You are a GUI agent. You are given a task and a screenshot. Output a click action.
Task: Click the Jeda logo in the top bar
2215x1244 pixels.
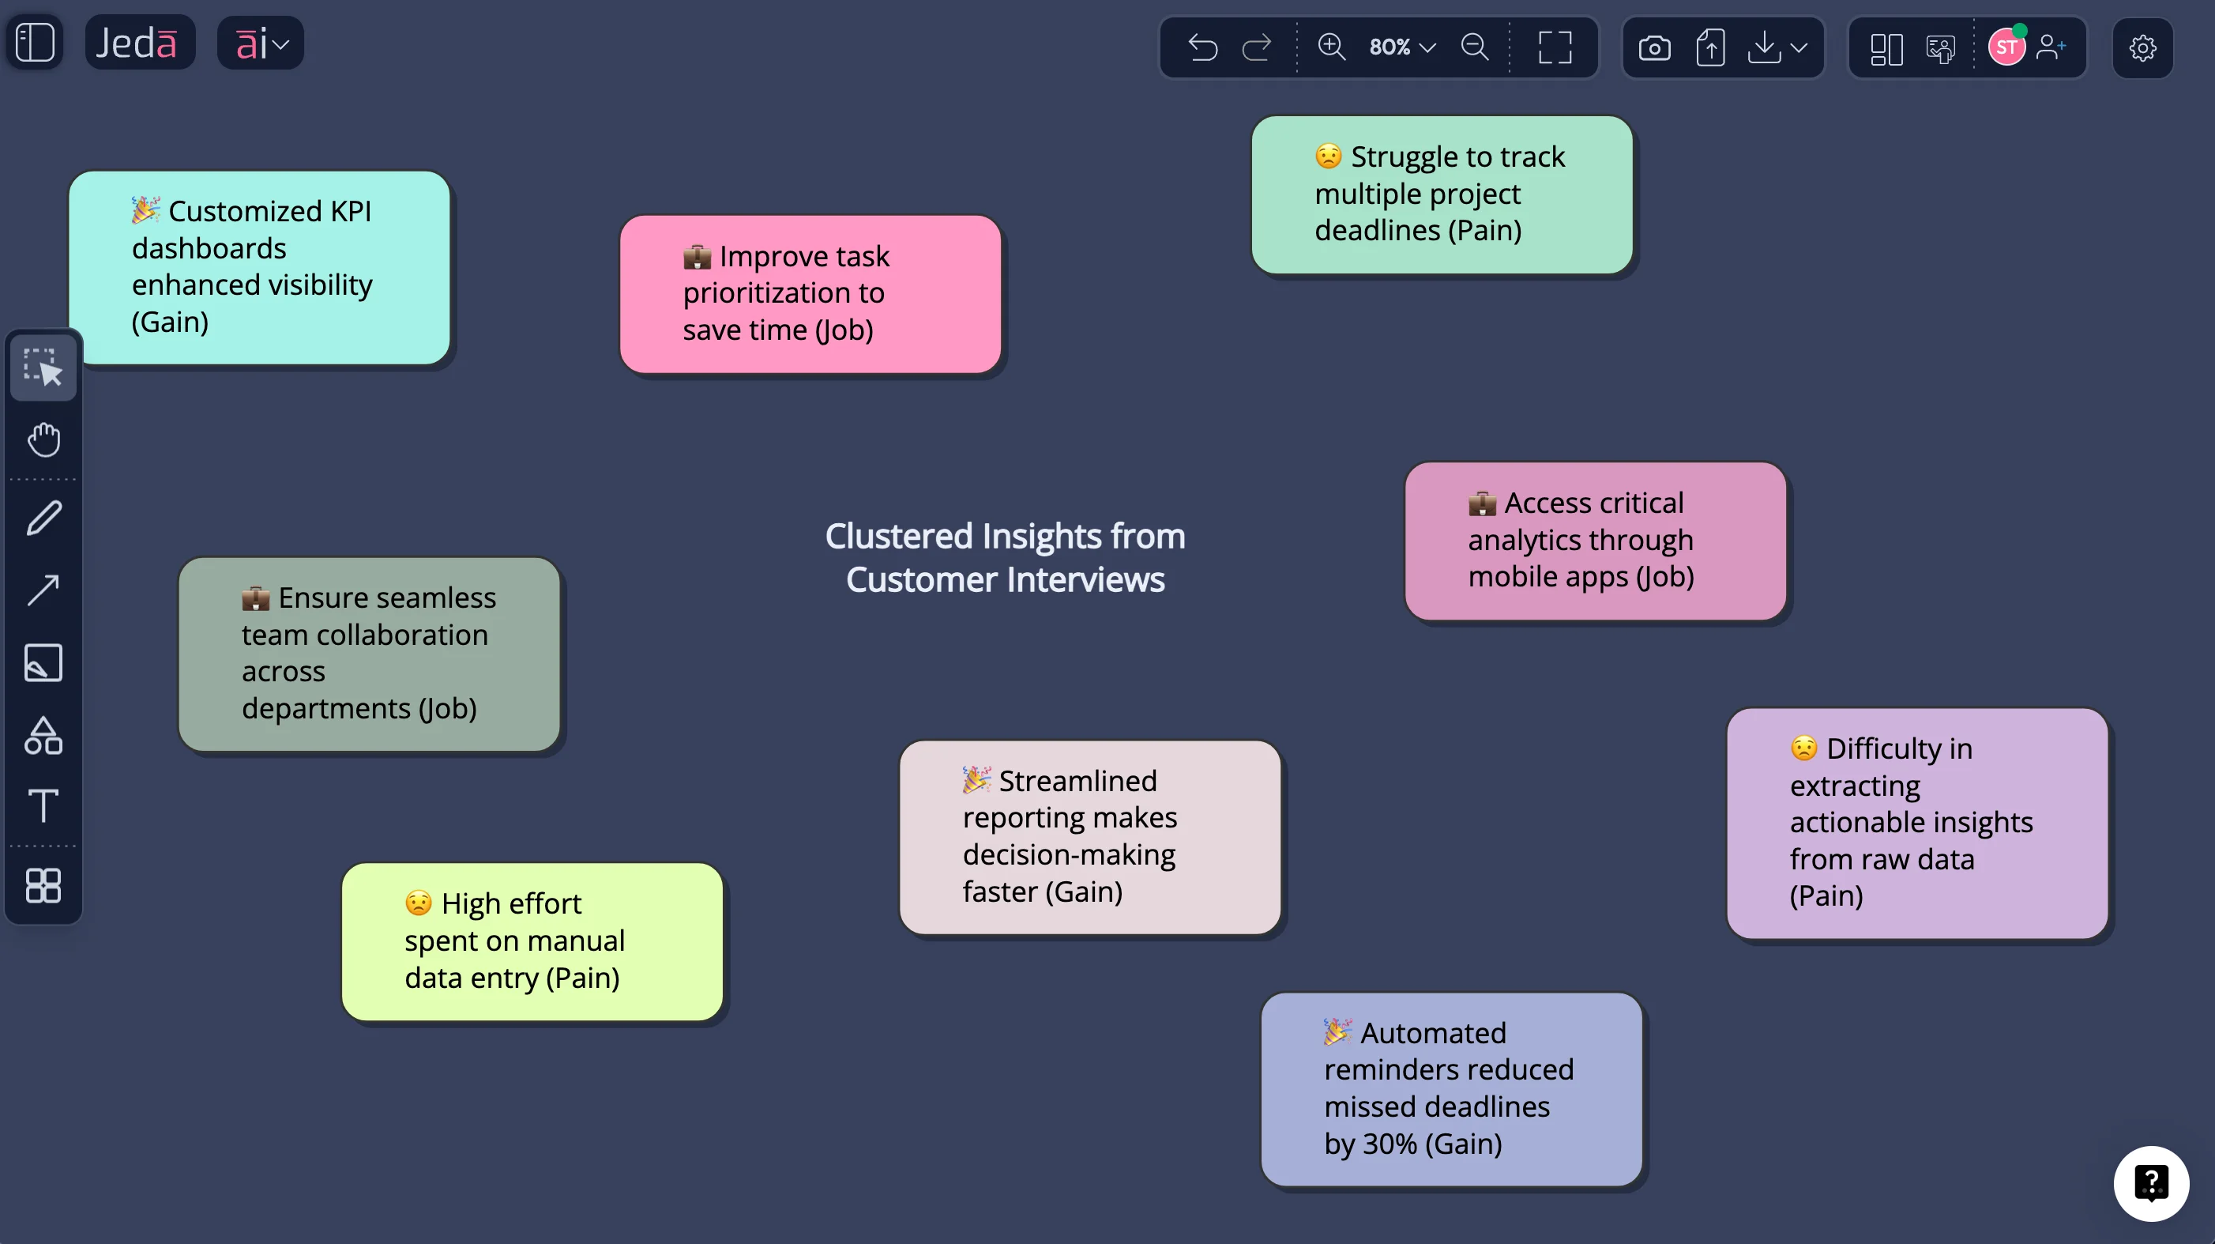[138, 43]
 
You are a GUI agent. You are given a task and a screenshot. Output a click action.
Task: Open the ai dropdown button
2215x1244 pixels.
[261, 43]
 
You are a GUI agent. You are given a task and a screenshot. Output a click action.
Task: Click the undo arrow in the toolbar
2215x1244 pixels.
[1202, 47]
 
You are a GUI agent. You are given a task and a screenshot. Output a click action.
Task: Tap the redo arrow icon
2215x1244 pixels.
[1256, 47]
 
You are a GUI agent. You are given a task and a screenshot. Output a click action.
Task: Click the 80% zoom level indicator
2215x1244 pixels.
[1401, 47]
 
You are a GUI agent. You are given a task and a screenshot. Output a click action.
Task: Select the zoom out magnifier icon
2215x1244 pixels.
[1475, 47]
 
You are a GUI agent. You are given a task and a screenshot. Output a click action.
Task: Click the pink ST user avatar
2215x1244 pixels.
[2006, 47]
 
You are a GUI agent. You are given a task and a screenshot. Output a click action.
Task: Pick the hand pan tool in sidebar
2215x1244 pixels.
[43, 439]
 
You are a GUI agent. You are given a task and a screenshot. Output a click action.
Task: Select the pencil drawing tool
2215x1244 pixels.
[43, 518]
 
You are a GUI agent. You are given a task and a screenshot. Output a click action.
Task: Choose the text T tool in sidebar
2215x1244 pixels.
[43, 806]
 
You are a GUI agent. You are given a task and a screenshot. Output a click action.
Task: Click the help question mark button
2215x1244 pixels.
[2150, 1183]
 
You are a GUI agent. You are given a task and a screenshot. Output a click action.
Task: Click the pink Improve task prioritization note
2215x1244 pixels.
[810, 294]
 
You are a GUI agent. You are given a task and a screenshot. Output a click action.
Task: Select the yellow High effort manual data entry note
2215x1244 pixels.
[532, 942]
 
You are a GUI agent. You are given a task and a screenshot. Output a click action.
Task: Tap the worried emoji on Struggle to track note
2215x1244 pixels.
[1328, 156]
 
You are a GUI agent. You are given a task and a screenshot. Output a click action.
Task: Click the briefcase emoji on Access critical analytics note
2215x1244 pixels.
[1482, 503]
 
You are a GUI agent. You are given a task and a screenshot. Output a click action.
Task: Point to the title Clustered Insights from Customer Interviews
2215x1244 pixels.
[1005, 557]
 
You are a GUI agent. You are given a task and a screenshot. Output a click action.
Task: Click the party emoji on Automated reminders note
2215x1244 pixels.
[1337, 1031]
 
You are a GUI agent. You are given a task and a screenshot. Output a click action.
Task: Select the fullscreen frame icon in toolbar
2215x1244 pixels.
[1555, 47]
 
